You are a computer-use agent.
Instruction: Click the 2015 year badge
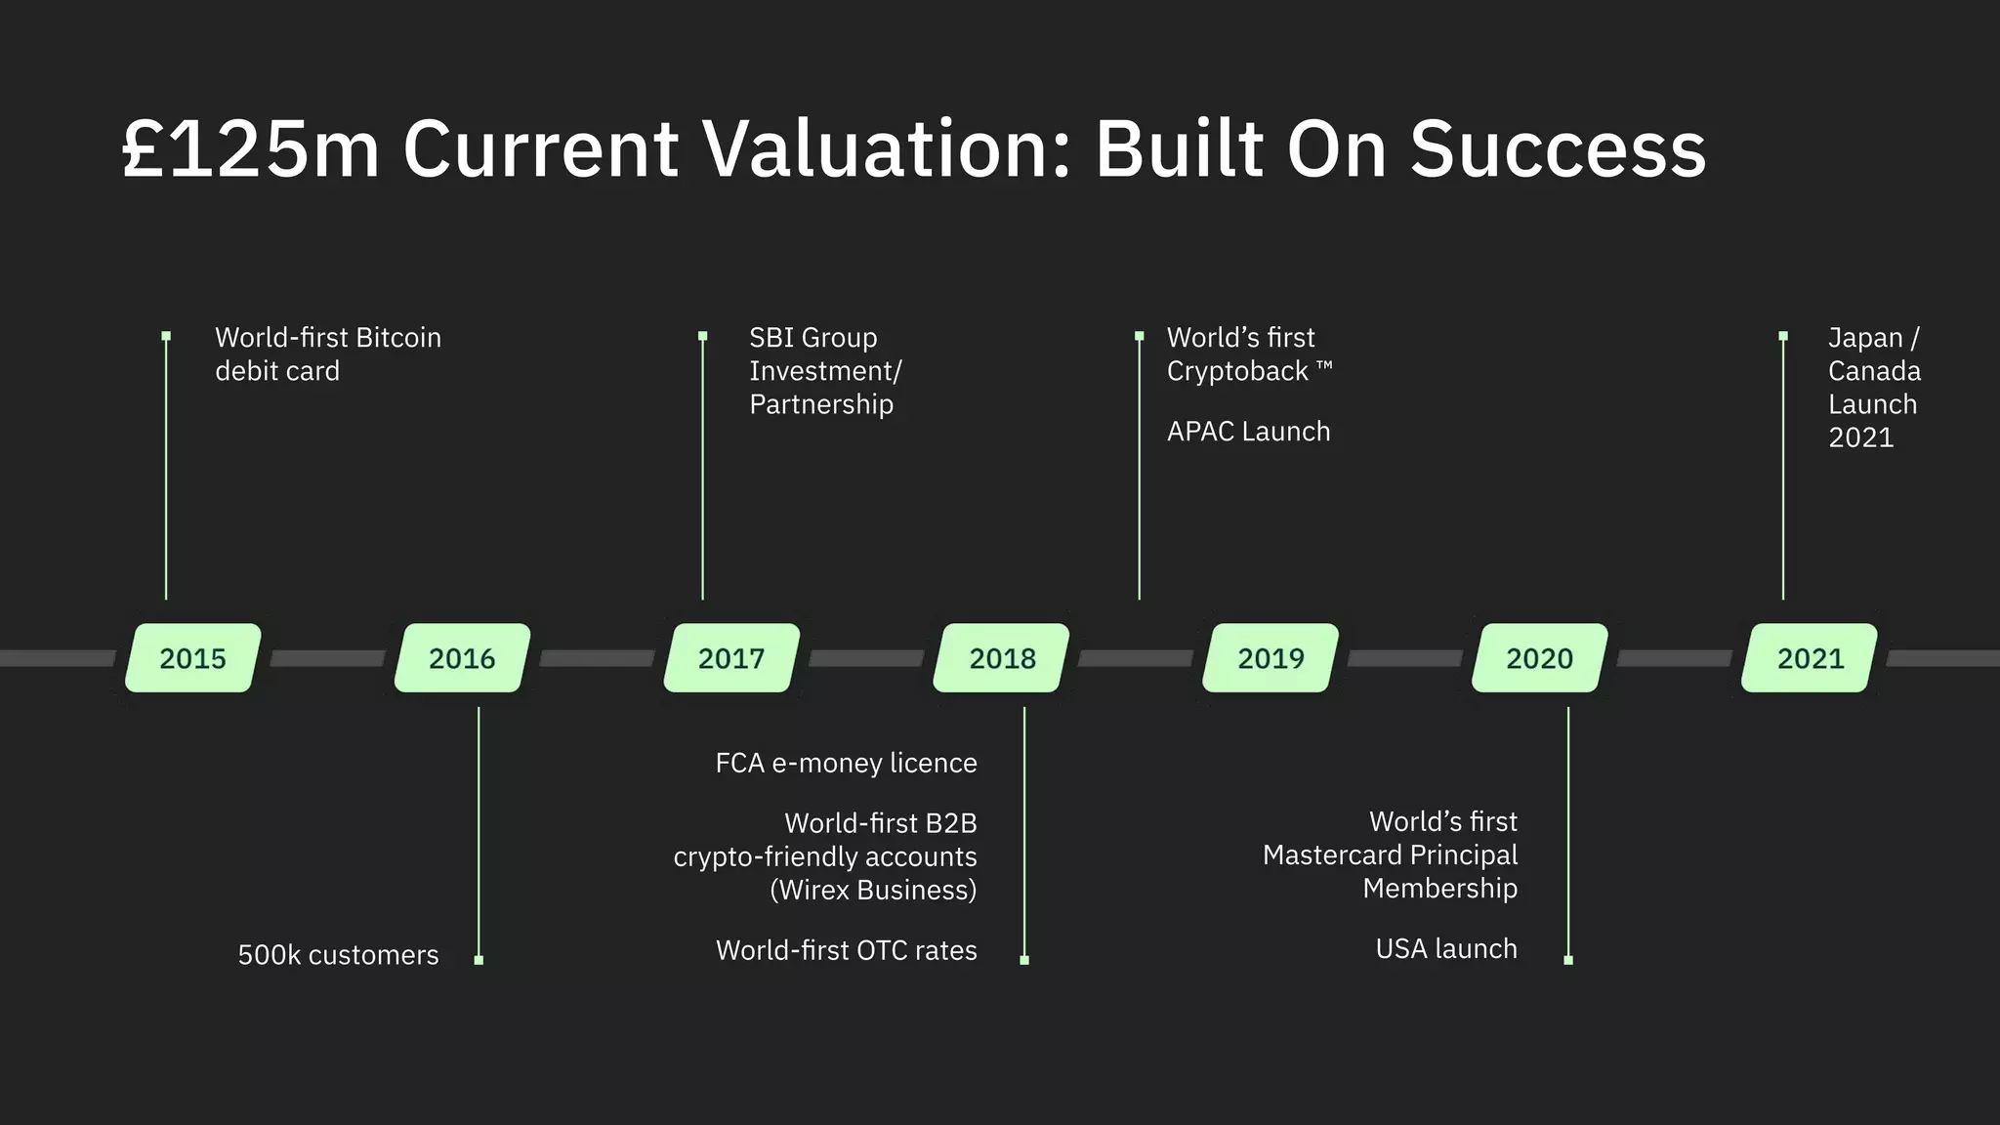click(x=192, y=658)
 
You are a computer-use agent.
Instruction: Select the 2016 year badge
click(x=462, y=658)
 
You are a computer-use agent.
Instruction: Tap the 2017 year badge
click(x=731, y=658)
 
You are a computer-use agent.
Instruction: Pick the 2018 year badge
click(x=1002, y=658)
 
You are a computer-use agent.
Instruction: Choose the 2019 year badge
click(x=1271, y=658)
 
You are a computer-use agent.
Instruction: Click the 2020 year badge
click(x=1539, y=658)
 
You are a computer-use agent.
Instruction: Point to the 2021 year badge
click(x=1810, y=658)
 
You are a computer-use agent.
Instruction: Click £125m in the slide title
click(x=250, y=149)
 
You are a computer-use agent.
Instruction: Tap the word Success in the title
click(x=1558, y=149)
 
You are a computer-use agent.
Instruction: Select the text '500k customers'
click(x=338, y=955)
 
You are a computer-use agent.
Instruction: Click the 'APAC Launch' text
click(x=1248, y=432)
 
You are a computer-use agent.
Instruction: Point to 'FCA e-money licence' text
click(x=846, y=763)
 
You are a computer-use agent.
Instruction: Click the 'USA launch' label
click(x=1446, y=949)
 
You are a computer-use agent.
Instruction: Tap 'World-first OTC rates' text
click(x=846, y=950)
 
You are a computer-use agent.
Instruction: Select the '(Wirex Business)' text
click(x=873, y=890)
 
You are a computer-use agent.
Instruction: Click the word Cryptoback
click(x=1237, y=371)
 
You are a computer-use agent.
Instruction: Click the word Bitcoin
click(x=398, y=338)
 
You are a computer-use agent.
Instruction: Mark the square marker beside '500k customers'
click(x=479, y=960)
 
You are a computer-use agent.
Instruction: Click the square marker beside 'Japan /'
click(x=1783, y=336)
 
